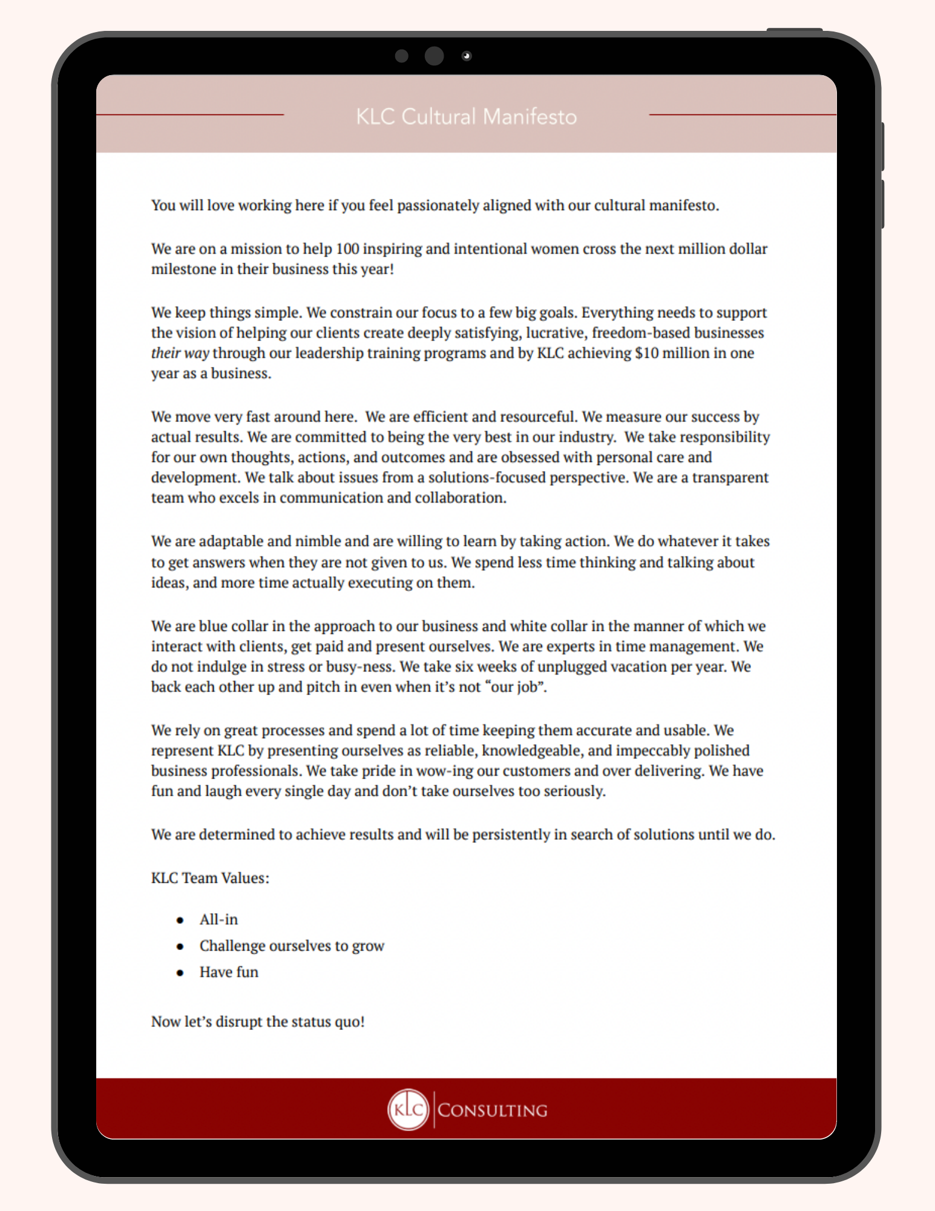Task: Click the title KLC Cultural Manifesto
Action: point(466,116)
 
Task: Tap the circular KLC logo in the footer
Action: point(408,1109)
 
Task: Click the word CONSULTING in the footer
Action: point(492,1110)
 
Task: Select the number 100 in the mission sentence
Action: point(347,249)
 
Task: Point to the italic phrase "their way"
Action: point(180,353)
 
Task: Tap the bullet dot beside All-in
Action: point(180,920)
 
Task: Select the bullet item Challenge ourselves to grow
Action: point(292,946)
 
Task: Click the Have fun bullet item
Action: point(229,972)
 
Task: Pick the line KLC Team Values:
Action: point(210,878)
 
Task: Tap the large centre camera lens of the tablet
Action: point(434,56)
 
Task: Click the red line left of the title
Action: point(190,114)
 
